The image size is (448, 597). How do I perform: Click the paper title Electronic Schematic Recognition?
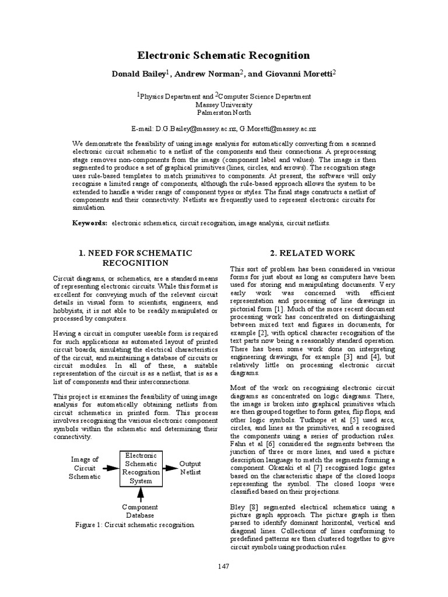[x=223, y=56]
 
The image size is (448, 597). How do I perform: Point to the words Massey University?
[x=223, y=106]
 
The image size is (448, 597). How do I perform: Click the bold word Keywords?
[x=89, y=223]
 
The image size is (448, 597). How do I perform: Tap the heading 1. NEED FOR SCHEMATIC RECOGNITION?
[x=135, y=258]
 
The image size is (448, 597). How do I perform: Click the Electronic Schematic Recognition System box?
[x=140, y=468]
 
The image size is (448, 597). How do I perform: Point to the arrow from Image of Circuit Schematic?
[x=110, y=468]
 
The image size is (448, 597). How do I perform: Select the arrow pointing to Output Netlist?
[x=169, y=468]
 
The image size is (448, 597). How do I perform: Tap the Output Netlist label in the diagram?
[x=190, y=468]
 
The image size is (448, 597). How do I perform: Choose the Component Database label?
[x=140, y=511]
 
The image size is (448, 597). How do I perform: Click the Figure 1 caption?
[x=135, y=525]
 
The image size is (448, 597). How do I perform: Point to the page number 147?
[x=223, y=566]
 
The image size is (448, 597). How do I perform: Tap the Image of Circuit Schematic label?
[x=85, y=468]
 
